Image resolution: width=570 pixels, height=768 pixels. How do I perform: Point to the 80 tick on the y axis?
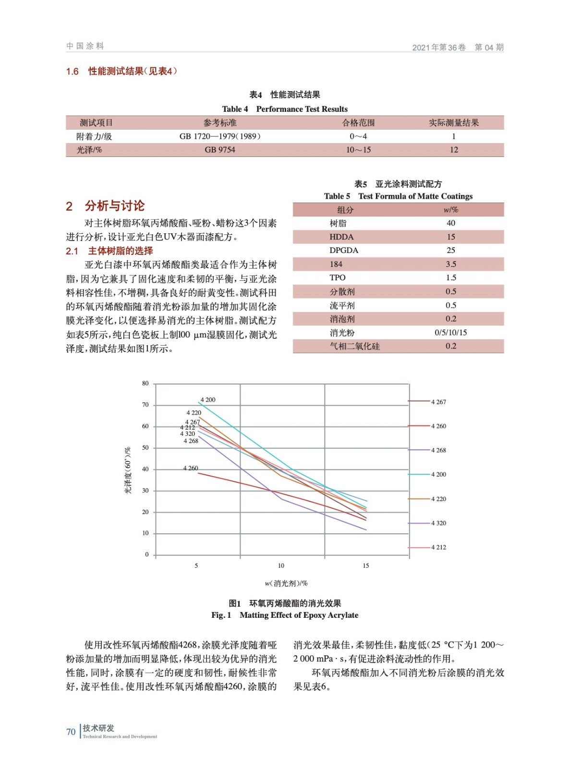point(146,383)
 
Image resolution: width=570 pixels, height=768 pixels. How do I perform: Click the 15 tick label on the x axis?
point(365,565)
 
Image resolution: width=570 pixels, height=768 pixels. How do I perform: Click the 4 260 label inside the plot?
point(191,468)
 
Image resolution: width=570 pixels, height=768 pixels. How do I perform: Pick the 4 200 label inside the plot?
point(208,399)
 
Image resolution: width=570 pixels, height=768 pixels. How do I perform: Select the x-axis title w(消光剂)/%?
point(286,583)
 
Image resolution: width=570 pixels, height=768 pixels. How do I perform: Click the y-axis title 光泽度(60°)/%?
point(128,470)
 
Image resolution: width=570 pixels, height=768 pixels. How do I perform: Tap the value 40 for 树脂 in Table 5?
point(450,223)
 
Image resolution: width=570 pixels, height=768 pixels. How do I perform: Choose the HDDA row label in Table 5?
point(341,237)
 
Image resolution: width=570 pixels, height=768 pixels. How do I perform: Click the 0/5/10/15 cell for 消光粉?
point(450,332)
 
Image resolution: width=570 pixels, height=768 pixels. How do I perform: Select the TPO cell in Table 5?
point(338,277)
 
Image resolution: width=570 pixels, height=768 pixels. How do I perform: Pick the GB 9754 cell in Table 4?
point(220,150)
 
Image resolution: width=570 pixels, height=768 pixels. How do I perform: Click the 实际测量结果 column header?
point(453,123)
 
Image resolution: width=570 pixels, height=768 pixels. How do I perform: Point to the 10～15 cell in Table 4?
point(358,150)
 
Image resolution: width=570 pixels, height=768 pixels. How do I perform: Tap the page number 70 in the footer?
point(71,732)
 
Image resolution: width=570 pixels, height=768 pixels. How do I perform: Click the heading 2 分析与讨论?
point(105,206)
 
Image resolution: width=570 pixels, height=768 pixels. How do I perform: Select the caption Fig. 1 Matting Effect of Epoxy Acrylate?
point(285,615)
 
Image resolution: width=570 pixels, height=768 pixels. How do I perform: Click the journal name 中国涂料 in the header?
point(85,46)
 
